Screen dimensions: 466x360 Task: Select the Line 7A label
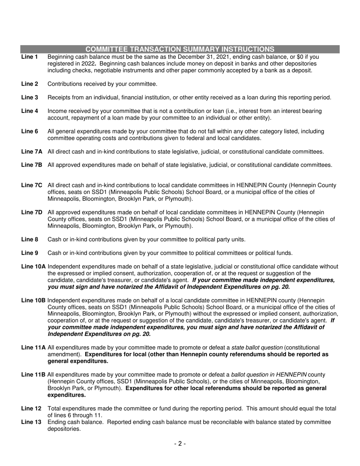tap(32, 152)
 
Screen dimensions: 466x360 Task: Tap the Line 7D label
tap(32, 212)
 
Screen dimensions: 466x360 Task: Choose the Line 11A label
tap(33, 347)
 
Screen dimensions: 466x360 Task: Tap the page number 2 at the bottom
tap(180, 444)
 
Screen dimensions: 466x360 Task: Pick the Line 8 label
tap(30, 239)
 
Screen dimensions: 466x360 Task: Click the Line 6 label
tap(30, 131)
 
